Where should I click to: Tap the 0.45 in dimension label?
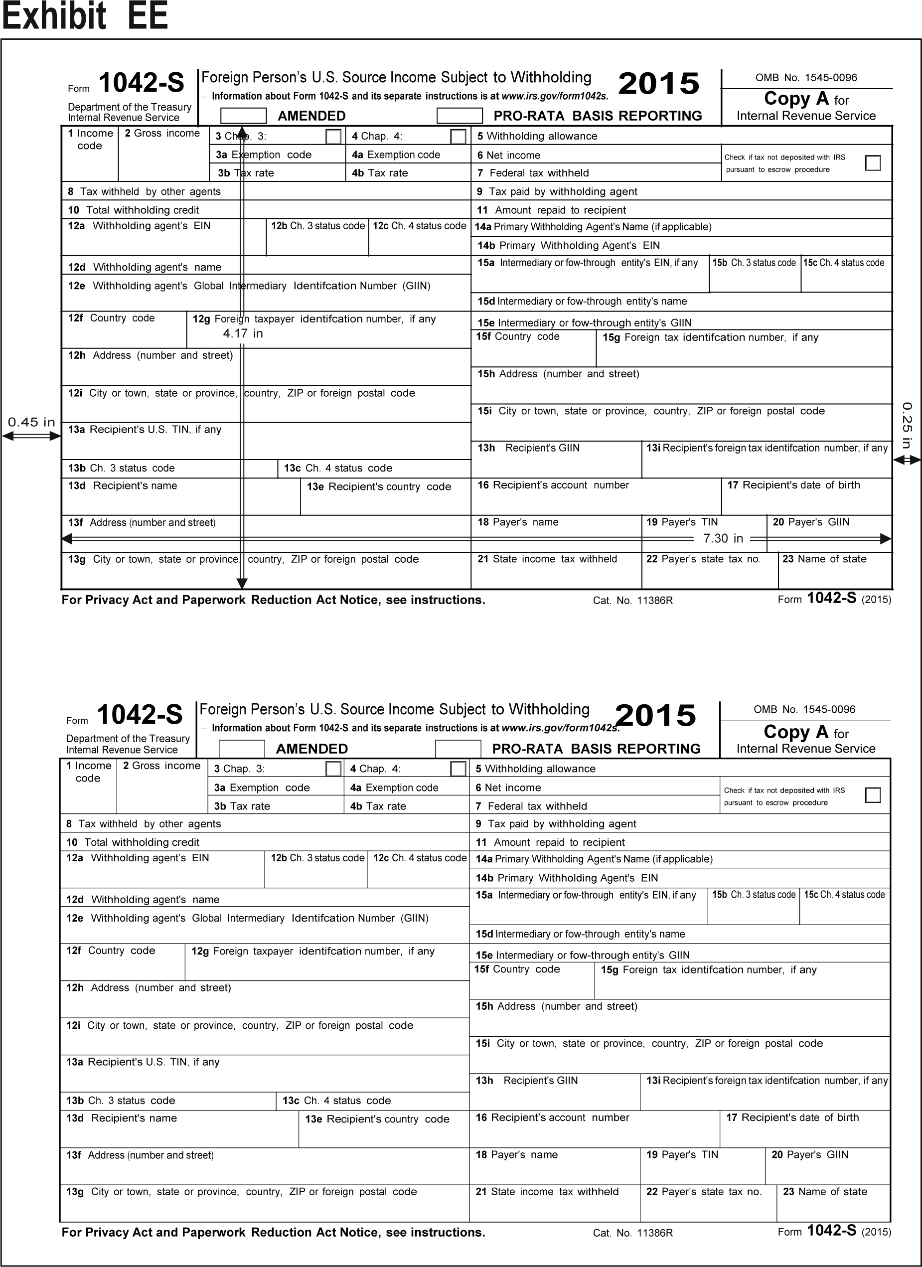click(x=31, y=422)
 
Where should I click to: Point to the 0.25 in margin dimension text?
click(x=907, y=425)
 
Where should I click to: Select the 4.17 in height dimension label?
click(x=243, y=333)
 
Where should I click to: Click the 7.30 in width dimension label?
click(x=723, y=538)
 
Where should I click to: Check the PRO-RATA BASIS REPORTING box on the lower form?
click(x=458, y=749)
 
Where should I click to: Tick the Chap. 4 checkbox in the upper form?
click(x=458, y=136)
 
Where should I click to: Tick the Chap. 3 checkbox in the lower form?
click(x=333, y=769)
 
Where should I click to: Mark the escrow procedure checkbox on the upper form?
click(x=872, y=162)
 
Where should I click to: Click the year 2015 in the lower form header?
click(x=656, y=716)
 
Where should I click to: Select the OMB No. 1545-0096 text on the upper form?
click(x=806, y=78)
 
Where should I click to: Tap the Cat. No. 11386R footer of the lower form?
click(x=633, y=1233)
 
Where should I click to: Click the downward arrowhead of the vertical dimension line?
click(x=242, y=584)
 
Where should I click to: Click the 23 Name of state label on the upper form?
click(x=824, y=559)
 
